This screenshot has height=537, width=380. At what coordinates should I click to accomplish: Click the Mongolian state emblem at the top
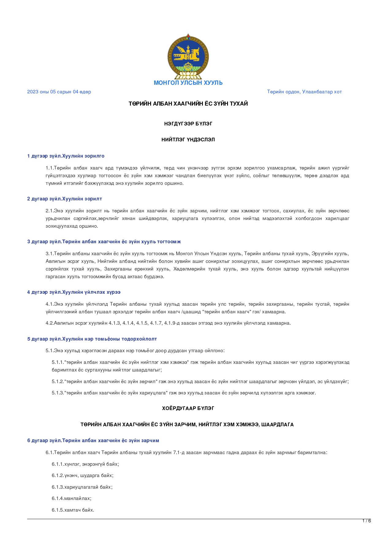[188, 57]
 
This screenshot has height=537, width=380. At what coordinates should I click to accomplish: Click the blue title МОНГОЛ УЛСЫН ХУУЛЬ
[188, 83]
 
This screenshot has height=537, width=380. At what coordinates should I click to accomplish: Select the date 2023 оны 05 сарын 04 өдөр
[59, 92]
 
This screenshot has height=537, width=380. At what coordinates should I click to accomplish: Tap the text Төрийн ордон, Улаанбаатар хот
[304, 92]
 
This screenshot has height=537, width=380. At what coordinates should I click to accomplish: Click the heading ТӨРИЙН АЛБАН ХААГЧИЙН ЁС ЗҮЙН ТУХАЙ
[188, 104]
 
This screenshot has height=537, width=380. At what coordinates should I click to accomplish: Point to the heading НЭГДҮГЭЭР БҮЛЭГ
[188, 124]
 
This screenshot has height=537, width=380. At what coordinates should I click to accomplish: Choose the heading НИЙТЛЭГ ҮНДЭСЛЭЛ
[188, 140]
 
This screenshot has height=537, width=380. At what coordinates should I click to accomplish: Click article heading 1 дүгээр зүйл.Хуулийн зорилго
[66, 156]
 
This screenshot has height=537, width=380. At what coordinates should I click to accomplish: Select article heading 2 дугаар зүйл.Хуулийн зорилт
[65, 199]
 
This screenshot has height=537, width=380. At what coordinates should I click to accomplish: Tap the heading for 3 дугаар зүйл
[104, 242]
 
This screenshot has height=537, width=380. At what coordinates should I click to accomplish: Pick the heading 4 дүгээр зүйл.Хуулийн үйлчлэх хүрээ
[74, 292]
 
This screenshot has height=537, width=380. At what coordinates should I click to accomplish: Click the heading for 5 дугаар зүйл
[92, 339]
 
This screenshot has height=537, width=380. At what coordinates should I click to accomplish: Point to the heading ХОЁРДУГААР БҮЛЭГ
[188, 408]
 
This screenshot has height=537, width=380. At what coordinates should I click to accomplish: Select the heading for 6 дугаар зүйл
[93, 441]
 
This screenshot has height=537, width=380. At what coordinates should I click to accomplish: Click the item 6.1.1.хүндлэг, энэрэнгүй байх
[85, 464]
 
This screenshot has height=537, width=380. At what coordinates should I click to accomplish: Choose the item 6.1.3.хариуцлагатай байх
[82, 487]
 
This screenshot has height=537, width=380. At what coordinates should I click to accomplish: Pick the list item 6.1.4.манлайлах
[71, 498]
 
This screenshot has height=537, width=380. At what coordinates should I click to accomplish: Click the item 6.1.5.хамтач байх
[73, 510]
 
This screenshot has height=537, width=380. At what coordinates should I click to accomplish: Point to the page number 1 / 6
[367, 521]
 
